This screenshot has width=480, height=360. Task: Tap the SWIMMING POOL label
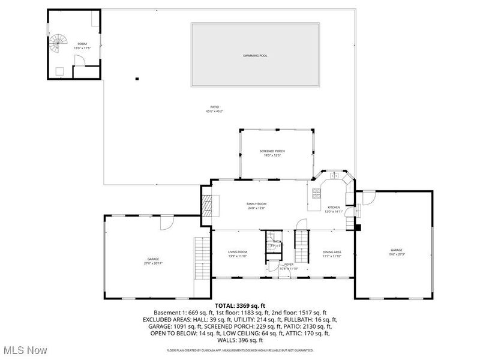click(255, 56)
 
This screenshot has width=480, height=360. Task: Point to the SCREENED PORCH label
click(272, 152)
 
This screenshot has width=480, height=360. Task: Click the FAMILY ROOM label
click(256, 206)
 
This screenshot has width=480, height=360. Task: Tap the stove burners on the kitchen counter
click(316, 193)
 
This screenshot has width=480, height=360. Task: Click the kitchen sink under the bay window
click(334, 176)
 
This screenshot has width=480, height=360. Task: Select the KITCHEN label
click(334, 209)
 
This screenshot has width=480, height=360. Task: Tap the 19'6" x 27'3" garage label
click(397, 251)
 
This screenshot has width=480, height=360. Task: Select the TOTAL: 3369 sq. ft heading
click(239, 305)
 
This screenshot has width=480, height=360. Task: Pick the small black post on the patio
click(137, 79)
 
